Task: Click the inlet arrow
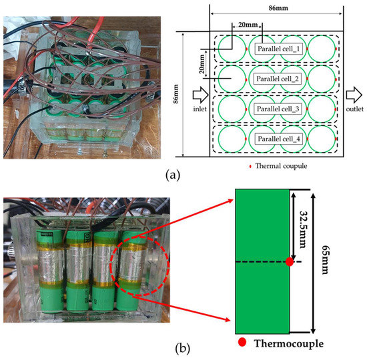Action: (x=198, y=93)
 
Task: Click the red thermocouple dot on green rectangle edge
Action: (x=289, y=262)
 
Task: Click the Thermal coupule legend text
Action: (x=279, y=165)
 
